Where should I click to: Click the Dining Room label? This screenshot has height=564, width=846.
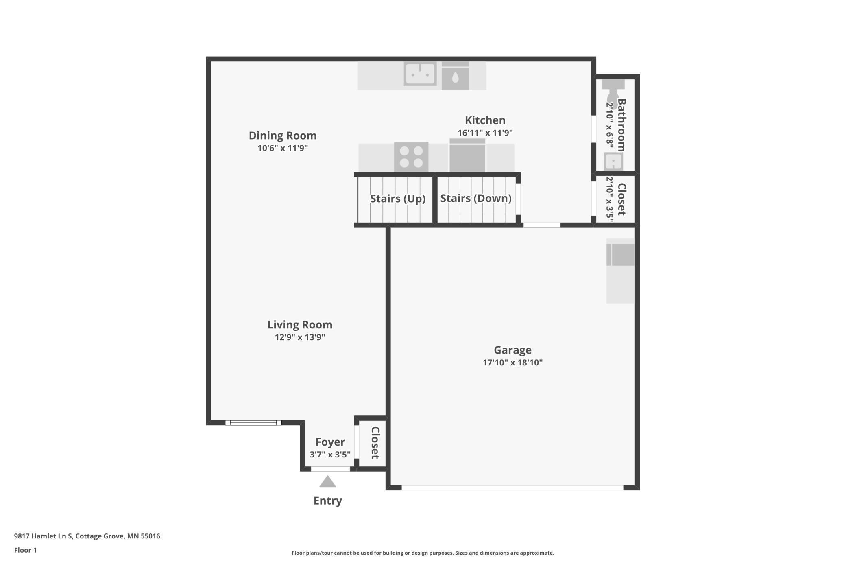pos(283,136)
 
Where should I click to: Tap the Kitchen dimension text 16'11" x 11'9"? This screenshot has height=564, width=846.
pos(485,133)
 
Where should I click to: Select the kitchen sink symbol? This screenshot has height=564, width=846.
pos(420,74)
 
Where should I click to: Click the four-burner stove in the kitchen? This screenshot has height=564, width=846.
pos(411,157)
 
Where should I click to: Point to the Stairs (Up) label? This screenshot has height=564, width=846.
pos(398,199)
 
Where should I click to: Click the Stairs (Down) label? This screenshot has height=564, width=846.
pos(476,198)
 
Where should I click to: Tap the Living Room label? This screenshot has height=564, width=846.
pos(300,325)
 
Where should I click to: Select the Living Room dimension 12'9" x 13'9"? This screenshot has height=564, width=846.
pos(300,337)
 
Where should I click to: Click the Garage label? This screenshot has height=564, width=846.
pos(512,350)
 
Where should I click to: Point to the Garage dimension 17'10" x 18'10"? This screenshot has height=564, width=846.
pos(512,363)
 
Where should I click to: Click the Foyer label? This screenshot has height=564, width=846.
pos(330,442)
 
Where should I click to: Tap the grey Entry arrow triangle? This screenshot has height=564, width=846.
pos(328,482)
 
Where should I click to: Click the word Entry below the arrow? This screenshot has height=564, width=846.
pos(328,501)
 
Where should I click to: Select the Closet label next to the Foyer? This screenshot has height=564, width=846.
pos(375,443)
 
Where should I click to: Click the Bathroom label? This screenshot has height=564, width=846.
pos(621,125)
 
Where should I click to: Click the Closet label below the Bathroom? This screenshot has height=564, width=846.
pos(621,199)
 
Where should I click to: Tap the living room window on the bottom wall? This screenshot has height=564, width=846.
pos(253,423)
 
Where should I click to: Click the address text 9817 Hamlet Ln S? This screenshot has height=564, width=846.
pos(44,536)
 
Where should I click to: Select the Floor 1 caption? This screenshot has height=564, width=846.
pos(25,550)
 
